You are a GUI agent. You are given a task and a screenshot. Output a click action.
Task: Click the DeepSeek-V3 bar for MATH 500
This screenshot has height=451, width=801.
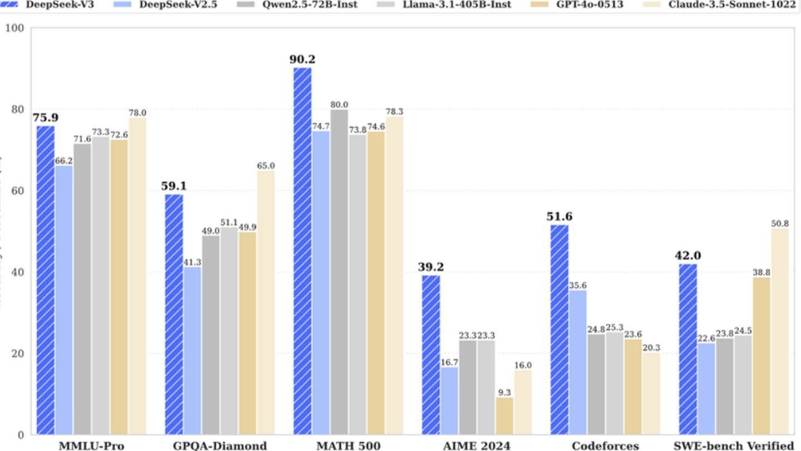303,251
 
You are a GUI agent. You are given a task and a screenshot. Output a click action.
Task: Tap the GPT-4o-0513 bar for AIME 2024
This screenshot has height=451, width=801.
505,415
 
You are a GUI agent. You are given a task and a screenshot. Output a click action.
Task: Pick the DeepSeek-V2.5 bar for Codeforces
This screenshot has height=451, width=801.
577,362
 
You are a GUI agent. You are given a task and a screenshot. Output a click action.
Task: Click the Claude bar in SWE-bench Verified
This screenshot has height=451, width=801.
780,331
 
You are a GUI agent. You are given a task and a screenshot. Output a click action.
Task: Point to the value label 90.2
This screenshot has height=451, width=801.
302,60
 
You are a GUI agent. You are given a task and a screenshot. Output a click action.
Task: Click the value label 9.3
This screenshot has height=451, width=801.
505,392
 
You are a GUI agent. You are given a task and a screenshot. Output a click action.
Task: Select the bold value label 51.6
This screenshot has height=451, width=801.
559,217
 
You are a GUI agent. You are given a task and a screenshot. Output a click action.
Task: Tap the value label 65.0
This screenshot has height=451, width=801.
266,166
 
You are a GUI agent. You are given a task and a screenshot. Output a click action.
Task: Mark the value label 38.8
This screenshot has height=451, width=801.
762,272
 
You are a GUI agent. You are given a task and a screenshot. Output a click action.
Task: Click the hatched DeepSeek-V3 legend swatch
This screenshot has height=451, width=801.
9,4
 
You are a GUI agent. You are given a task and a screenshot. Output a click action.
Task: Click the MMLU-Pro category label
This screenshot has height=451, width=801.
91,445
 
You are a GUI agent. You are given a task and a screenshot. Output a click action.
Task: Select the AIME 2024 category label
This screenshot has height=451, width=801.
476,445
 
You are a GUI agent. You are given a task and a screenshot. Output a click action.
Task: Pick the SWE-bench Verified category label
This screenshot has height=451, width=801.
733,445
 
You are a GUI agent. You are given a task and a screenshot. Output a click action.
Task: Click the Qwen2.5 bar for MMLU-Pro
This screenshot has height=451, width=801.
82,289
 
